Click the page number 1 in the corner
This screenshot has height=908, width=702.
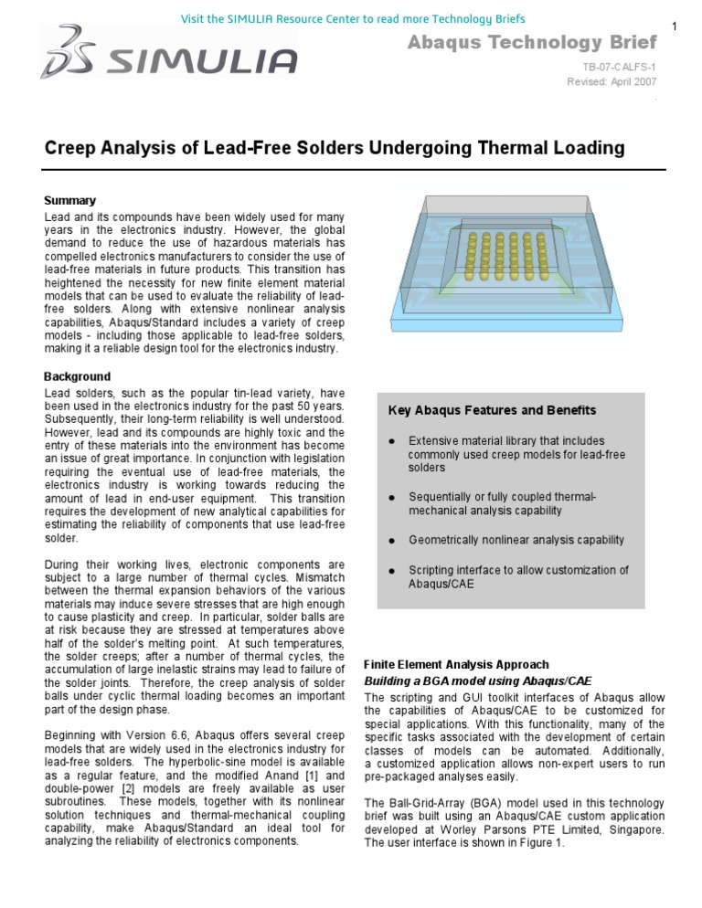tap(675, 26)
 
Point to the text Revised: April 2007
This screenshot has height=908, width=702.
tap(612, 81)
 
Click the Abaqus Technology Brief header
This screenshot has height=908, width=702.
tap(531, 43)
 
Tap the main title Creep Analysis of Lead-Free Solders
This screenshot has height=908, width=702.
tap(322, 148)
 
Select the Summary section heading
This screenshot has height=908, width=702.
tap(69, 200)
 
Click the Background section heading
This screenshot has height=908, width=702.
tap(77, 376)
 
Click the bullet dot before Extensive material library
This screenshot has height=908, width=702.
tap(391, 440)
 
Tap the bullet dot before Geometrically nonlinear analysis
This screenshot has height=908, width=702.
tap(391, 540)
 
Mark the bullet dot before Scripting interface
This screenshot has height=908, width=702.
tap(391, 570)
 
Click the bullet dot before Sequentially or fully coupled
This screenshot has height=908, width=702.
tap(391, 497)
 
